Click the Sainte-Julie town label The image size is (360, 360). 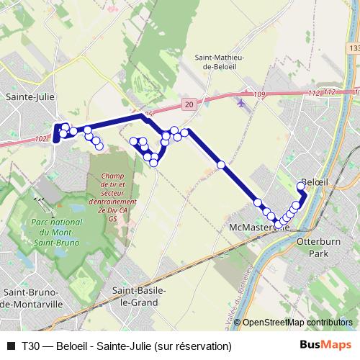26,95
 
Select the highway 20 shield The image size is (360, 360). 189,104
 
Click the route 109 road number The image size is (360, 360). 259,95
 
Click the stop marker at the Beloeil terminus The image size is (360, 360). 302,187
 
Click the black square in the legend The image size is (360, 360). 10,346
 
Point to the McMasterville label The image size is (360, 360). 258,228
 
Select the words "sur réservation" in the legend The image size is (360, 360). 196,346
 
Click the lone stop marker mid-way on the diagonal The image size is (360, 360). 222,165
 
